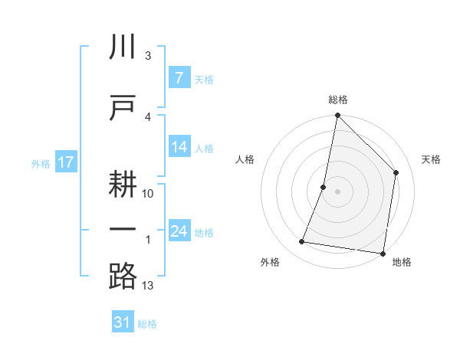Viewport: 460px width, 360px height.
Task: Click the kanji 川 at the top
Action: click(123, 47)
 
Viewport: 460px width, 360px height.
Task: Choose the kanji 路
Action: click(123, 276)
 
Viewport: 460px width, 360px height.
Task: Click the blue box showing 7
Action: click(179, 78)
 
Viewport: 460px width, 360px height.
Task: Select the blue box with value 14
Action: click(179, 148)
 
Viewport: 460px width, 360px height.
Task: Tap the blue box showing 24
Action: click(179, 231)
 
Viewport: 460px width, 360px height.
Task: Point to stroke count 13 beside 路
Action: click(148, 286)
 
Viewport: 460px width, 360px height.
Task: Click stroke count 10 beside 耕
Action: click(148, 193)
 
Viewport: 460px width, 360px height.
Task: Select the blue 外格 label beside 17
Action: click(40, 163)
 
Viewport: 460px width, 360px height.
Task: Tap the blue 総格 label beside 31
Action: click(147, 324)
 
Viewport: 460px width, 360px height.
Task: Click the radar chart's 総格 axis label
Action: click(337, 100)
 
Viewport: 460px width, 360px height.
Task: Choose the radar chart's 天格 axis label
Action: click(431, 159)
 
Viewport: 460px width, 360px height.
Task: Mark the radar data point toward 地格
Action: click(383, 253)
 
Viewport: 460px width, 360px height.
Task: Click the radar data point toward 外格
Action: click(302, 242)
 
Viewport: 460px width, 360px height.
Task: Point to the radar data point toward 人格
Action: click(324, 187)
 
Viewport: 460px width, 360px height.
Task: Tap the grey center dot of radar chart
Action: click(337, 191)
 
